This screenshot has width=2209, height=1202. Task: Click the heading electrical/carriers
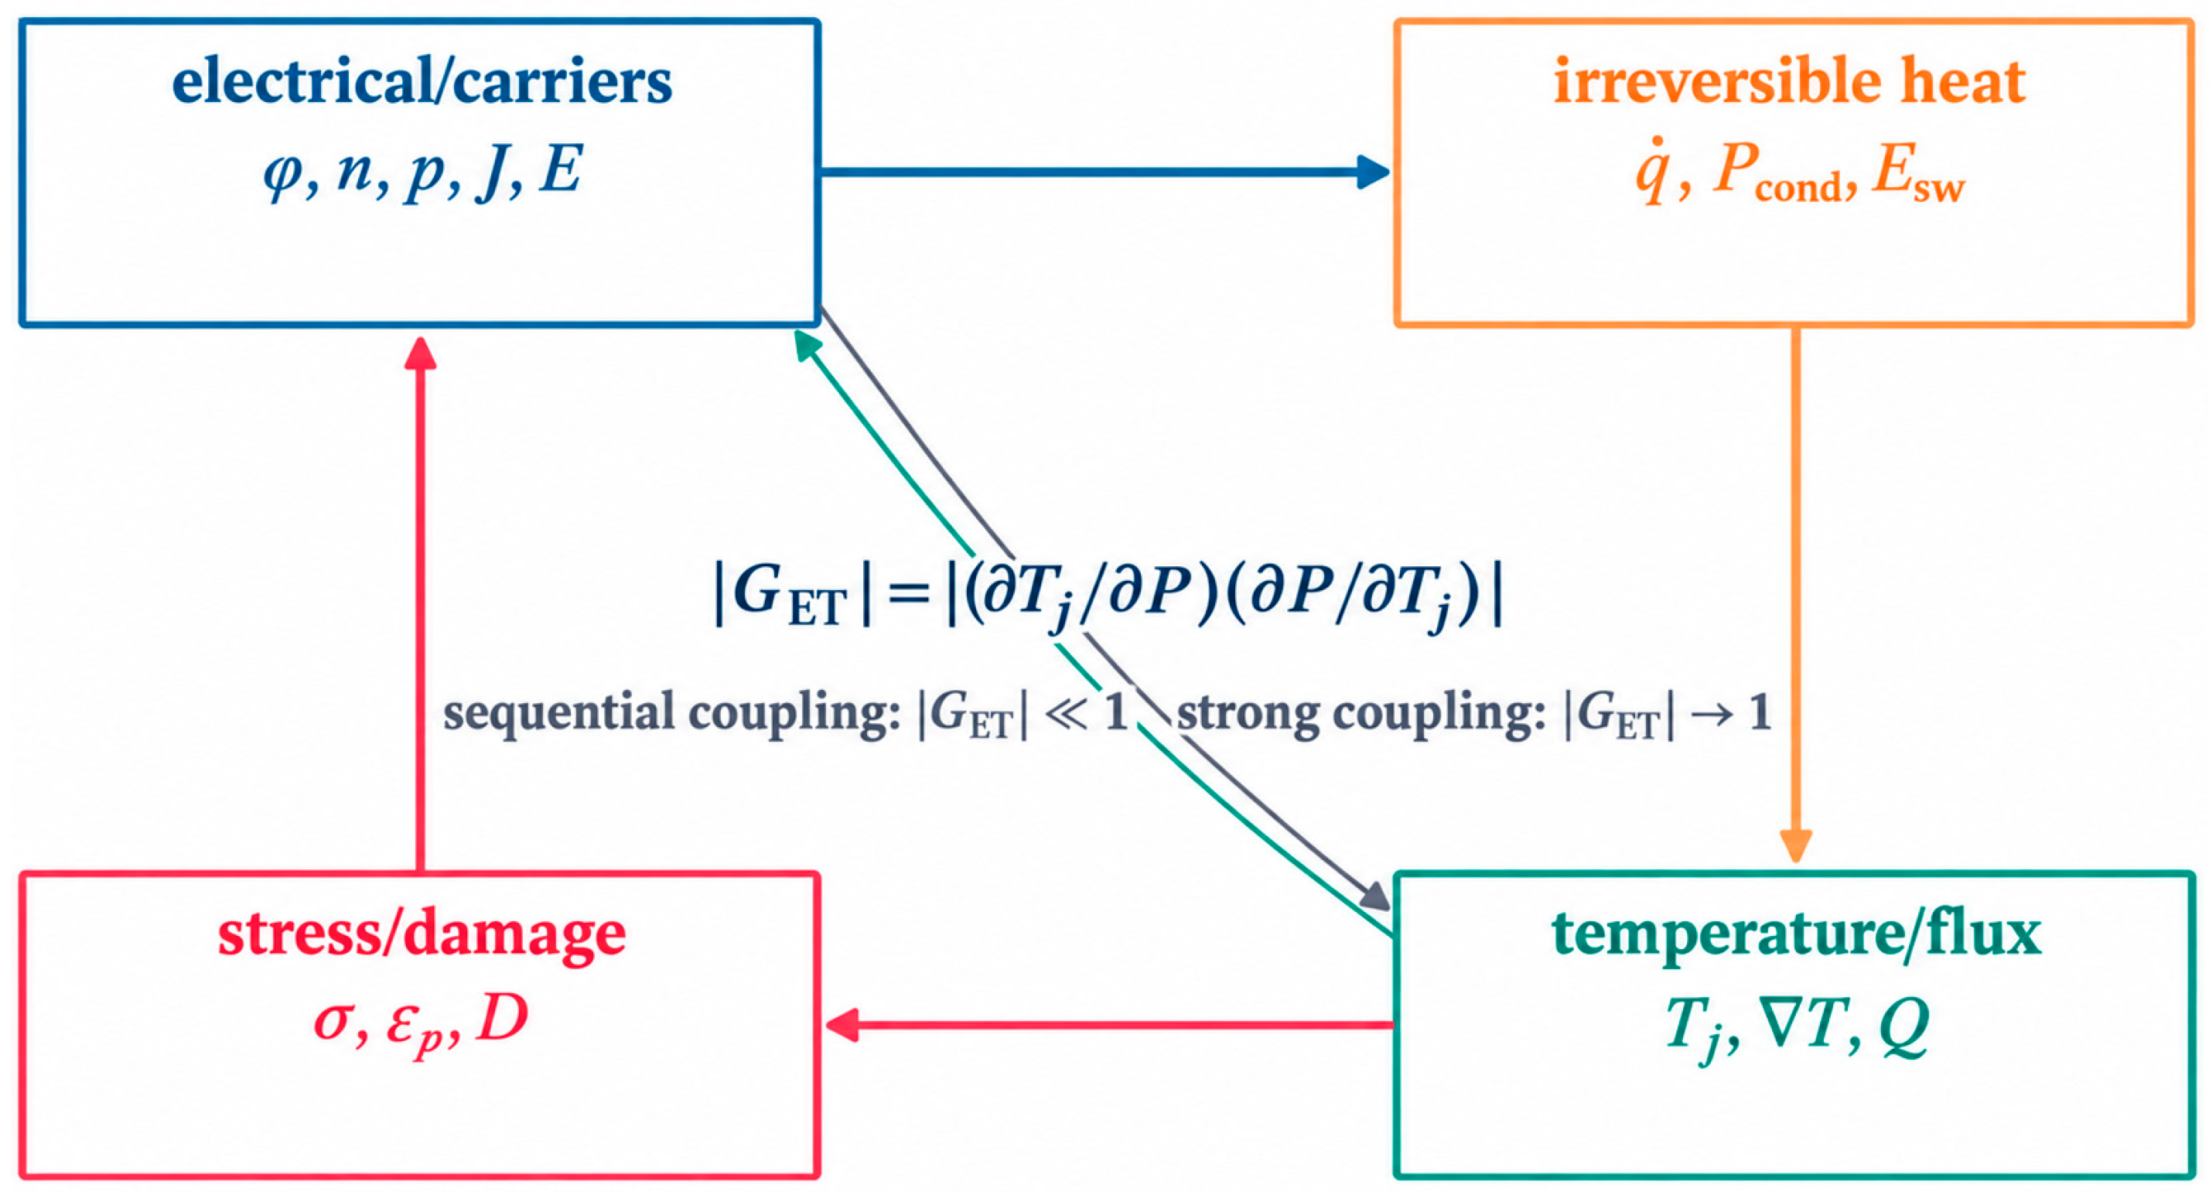(x=422, y=84)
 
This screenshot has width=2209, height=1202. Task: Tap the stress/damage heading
(x=422, y=935)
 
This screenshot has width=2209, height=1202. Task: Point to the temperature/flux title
(x=1797, y=934)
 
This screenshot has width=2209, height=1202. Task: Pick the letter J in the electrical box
(x=490, y=172)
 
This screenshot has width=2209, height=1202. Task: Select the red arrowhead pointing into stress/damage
(x=842, y=1025)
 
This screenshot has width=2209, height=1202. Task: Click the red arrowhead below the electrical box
(x=420, y=353)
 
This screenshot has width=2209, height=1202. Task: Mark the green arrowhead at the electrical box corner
(x=807, y=345)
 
